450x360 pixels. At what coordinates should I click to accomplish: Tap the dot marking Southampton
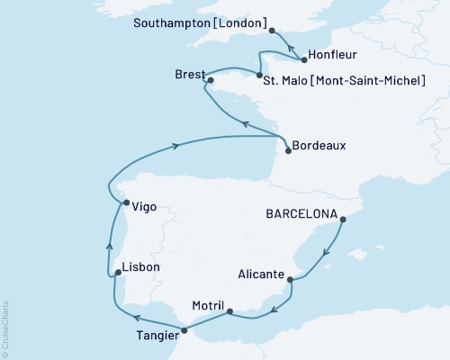coord(272,31)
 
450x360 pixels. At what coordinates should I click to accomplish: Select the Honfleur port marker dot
coord(304,60)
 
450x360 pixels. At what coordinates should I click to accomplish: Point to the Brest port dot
coord(211,81)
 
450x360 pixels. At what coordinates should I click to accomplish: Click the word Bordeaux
coord(320,145)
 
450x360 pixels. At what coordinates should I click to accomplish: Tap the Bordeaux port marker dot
coord(288,151)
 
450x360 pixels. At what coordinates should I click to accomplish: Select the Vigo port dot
coord(125,202)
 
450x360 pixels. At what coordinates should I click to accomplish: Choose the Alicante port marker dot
coord(290,281)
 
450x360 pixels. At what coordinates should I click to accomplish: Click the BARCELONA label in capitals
coord(301,215)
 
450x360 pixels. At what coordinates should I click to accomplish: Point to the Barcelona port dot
coord(343,216)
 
